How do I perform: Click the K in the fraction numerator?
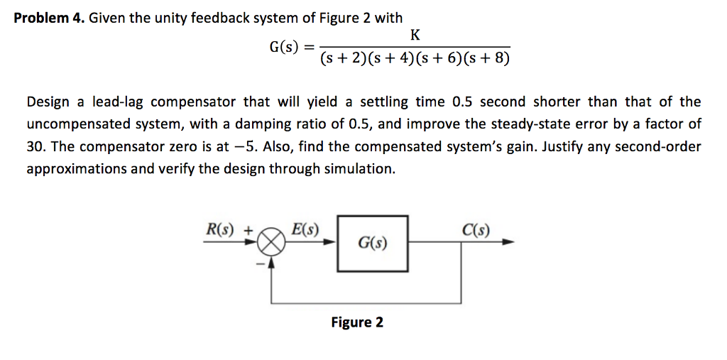[415, 33]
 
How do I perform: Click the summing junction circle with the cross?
[271, 242]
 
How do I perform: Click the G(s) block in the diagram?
[373, 243]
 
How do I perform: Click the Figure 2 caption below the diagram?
[357, 322]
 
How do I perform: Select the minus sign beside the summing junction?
[260, 264]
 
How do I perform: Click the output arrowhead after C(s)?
[508, 242]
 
